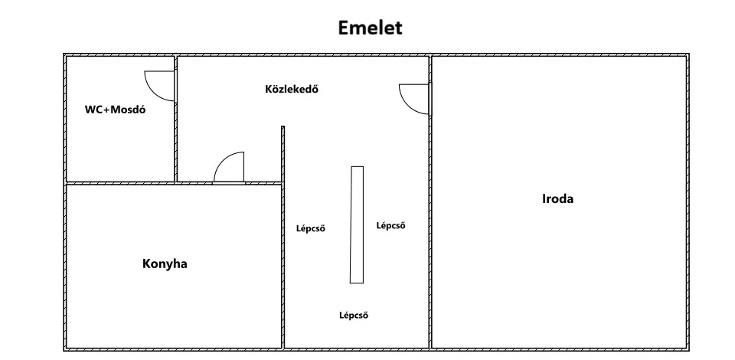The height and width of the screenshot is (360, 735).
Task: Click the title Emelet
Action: (370, 28)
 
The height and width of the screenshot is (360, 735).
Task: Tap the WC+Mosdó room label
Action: (115, 110)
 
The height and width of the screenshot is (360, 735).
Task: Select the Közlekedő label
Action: (291, 89)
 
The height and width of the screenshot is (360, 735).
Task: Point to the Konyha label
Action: (165, 264)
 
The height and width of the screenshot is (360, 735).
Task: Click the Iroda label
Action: (557, 198)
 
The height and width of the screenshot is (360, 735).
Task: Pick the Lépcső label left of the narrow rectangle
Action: (310, 228)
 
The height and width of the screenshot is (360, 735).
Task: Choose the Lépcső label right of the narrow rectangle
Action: (390, 225)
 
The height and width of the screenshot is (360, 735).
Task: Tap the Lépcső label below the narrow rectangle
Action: (354, 315)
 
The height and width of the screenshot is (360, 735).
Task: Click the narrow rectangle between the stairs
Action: (357, 224)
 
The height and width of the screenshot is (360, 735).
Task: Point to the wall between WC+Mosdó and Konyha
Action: (120, 183)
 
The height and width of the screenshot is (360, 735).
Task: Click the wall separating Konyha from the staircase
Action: (283, 265)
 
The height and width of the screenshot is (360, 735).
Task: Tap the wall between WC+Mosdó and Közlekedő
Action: (176, 141)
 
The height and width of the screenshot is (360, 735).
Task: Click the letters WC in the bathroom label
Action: (93, 110)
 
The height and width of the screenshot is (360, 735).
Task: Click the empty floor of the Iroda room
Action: (558, 272)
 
